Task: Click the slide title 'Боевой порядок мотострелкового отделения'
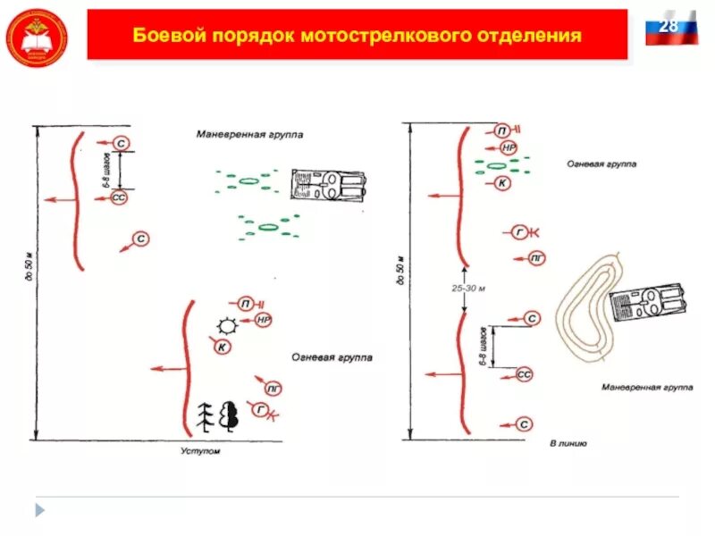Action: pos(357,36)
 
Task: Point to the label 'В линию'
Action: pos(568,443)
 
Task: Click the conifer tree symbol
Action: pos(205,415)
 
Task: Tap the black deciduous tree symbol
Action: pos(229,415)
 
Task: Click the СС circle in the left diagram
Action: pos(119,198)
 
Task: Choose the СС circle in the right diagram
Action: pos(525,375)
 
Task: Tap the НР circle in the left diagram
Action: pos(263,319)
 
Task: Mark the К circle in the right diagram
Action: pos(502,183)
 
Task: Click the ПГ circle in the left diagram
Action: pos(273,388)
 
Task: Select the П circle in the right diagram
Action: pos(503,130)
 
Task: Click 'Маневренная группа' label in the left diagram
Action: pos(250,136)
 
